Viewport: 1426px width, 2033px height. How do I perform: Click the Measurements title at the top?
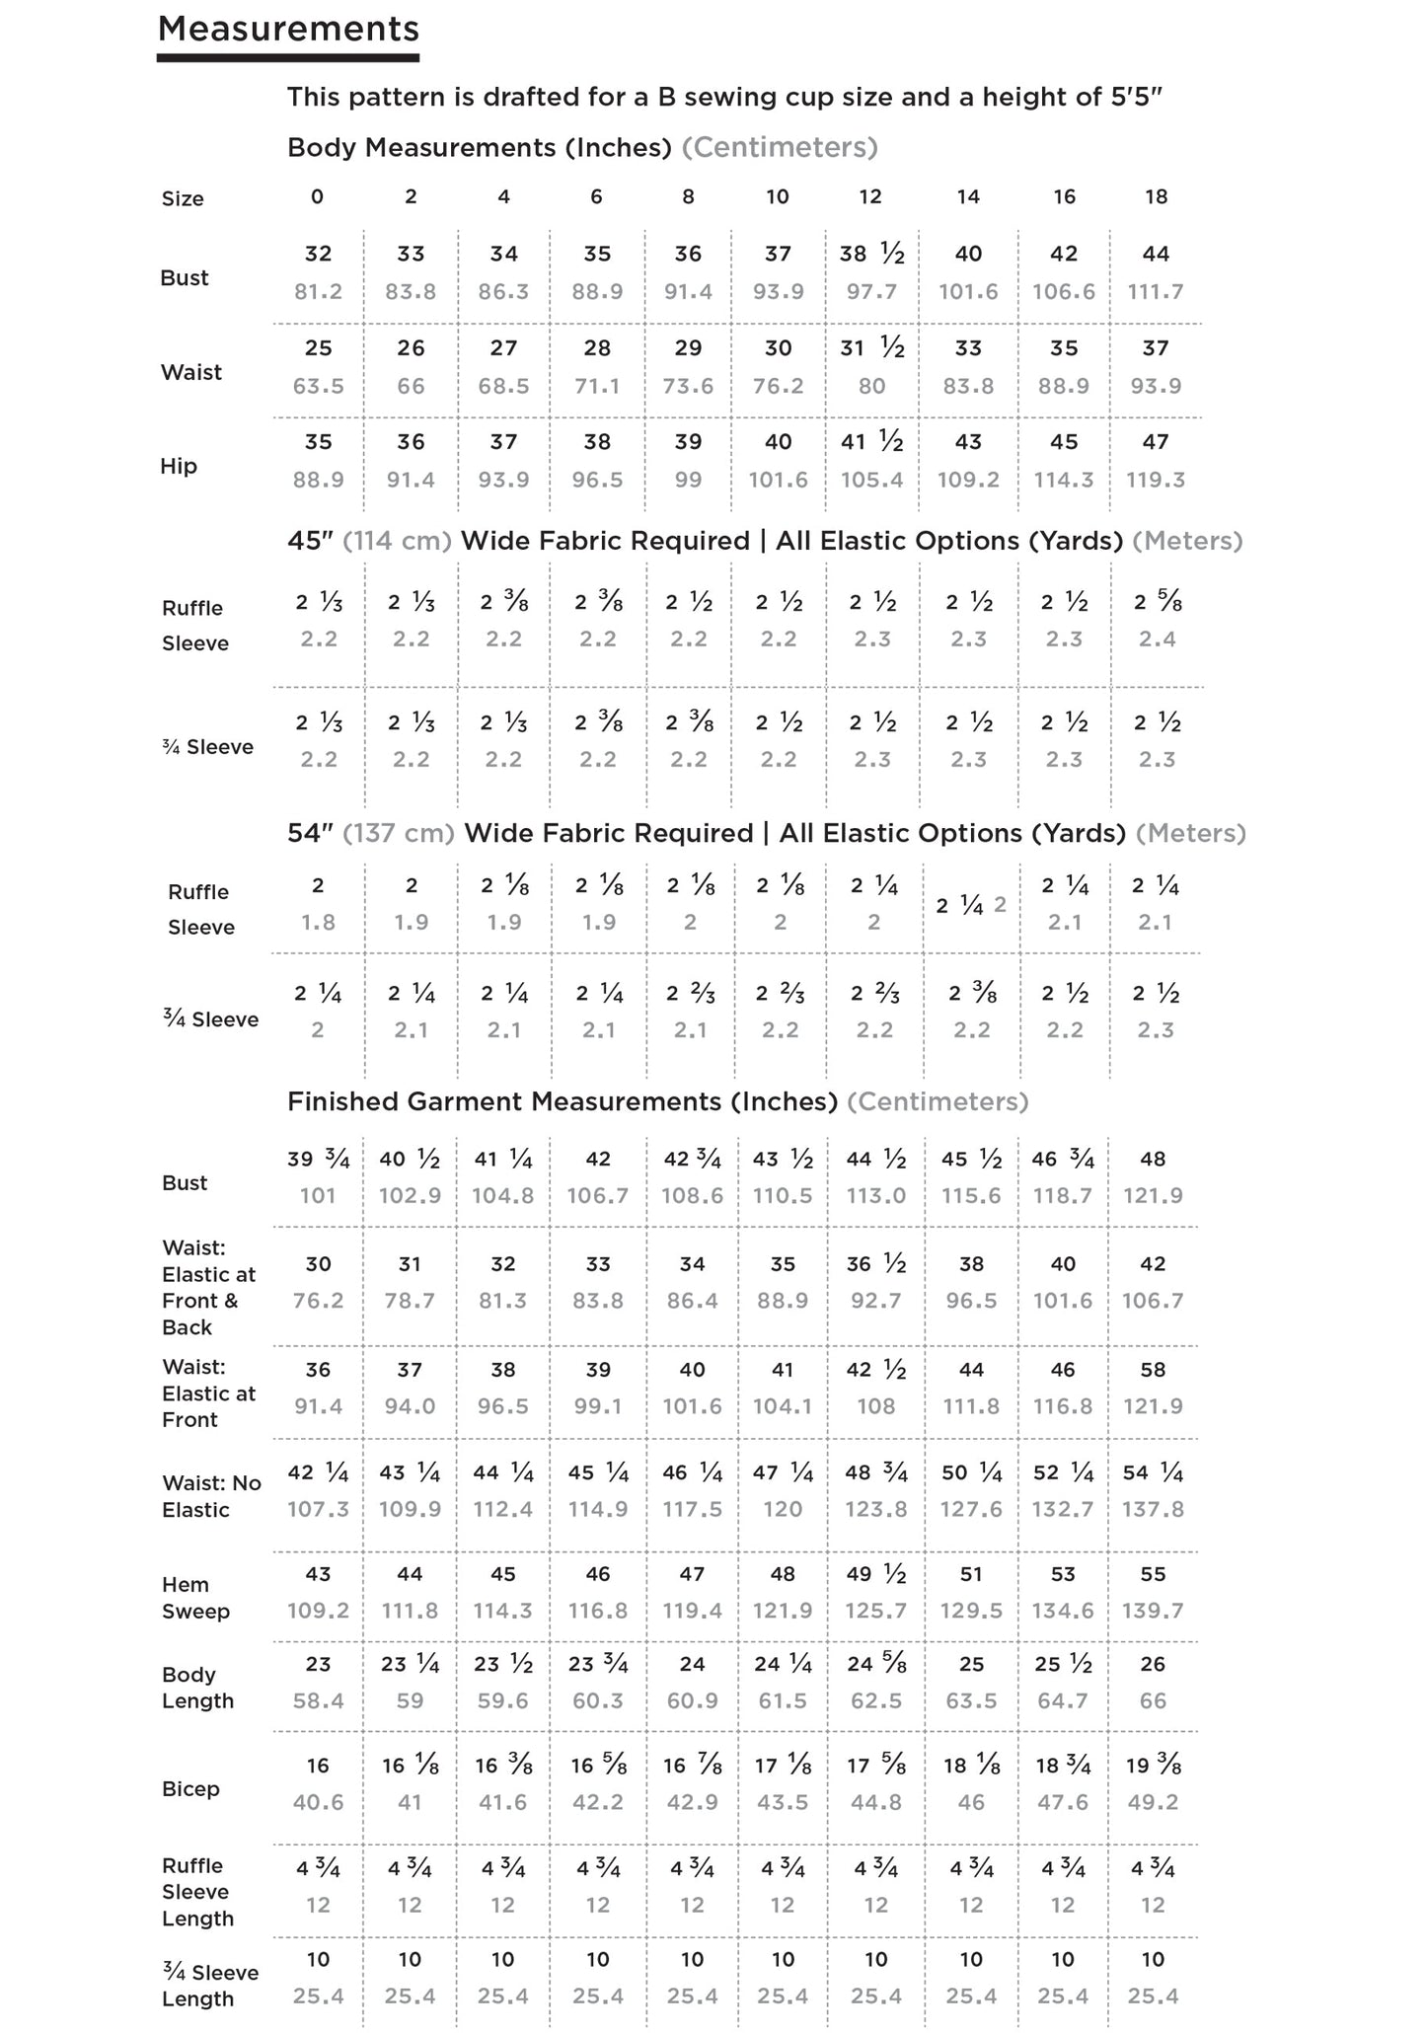[288, 30]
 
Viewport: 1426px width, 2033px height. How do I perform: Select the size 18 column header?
[1156, 196]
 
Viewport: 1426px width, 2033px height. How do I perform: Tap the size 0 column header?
[317, 196]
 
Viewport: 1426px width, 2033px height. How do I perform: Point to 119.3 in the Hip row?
[1156, 481]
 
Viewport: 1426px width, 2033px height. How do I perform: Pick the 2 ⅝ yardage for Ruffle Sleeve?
[1157, 602]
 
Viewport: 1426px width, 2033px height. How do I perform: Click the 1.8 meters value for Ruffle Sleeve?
[318, 923]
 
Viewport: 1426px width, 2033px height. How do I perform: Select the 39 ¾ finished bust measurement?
[318, 1160]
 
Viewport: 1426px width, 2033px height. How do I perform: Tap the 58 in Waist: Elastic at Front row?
[1153, 1370]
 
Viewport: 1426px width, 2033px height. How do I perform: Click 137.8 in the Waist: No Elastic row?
[1153, 1510]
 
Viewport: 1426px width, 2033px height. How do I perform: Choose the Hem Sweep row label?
[195, 1598]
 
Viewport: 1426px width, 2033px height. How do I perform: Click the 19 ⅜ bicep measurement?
[1153, 1767]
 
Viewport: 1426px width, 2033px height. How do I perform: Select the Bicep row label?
[190, 1789]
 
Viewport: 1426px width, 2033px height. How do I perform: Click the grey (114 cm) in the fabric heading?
[398, 541]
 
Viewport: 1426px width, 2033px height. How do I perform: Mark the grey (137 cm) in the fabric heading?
[399, 833]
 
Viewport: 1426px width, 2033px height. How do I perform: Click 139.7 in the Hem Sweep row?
[1153, 1612]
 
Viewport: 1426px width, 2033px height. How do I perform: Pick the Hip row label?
[179, 466]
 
